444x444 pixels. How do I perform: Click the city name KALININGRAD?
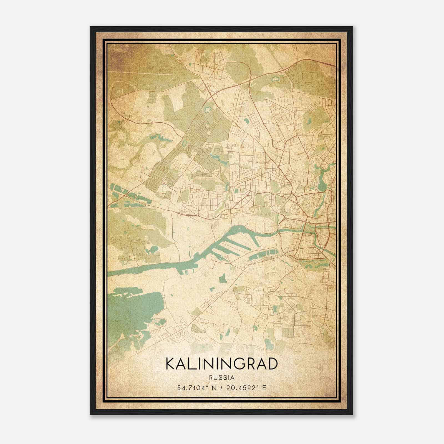(221, 364)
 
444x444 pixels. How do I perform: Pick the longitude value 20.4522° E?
(247, 388)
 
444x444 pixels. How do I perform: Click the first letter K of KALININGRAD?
(170, 364)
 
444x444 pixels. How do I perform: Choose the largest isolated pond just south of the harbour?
(223, 278)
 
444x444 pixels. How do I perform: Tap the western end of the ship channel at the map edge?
(110, 274)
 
